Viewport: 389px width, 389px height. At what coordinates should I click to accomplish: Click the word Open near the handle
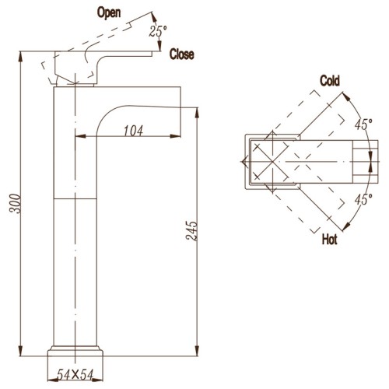tap(109, 13)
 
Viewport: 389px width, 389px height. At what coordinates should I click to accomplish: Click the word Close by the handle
tap(181, 54)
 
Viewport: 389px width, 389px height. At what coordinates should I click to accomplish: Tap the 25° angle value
tap(158, 31)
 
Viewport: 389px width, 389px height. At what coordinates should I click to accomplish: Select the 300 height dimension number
tap(15, 203)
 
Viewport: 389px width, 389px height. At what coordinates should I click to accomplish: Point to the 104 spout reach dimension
tap(133, 131)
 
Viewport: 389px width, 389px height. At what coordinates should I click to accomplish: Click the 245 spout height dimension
tap(191, 231)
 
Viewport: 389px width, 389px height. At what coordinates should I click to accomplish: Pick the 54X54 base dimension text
tap(75, 374)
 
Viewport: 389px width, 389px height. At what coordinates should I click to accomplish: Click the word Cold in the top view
tap(330, 81)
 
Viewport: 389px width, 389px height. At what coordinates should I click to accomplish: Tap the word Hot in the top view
tap(329, 239)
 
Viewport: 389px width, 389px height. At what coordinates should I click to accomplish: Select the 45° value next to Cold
tap(363, 124)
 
